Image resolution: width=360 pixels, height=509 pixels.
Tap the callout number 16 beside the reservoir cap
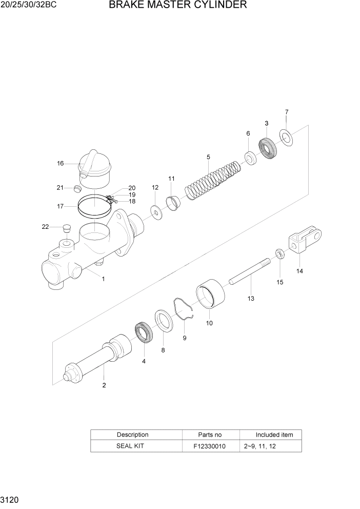[x=60, y=164]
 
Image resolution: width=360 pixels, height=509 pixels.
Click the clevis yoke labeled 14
[x=305, y=241]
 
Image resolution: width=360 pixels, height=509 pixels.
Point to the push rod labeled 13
[x=249, y=272]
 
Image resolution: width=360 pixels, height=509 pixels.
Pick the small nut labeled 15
[x=280, y=253]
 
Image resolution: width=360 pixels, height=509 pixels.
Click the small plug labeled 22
[x=65, y=227]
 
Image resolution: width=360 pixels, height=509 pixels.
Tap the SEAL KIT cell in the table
[x=132, y=446]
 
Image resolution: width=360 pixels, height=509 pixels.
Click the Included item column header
[x=274, y=435]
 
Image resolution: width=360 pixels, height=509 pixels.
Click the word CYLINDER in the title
[x=218, y=6]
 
